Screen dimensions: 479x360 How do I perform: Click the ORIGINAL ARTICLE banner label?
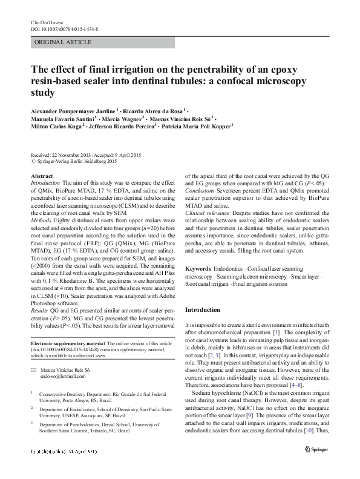(x=64, y=42)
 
